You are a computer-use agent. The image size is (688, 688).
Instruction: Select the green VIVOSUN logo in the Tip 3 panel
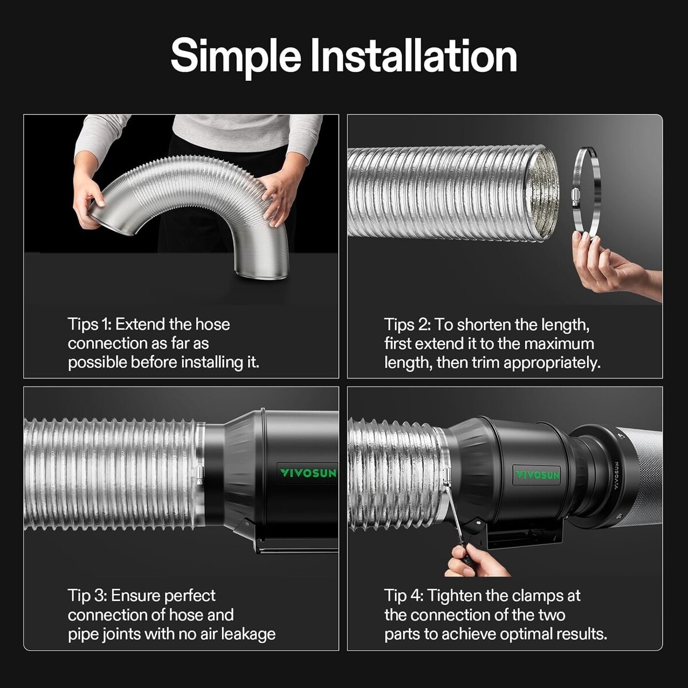[308, 474]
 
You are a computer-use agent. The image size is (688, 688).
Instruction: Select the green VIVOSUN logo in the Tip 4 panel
[537, 475]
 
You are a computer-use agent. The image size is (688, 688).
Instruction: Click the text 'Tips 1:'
[90, 325]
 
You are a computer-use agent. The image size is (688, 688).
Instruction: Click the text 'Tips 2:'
[408, 325]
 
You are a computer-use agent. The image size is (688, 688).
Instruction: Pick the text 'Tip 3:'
[88, 596]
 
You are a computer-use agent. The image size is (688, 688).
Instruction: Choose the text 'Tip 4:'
[404, 596]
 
